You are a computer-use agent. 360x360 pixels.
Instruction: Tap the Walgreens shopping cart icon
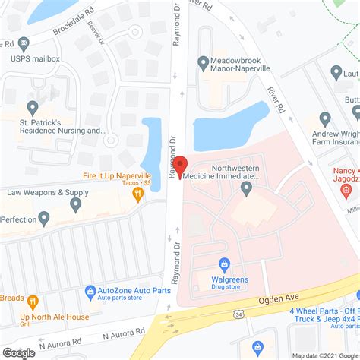224,265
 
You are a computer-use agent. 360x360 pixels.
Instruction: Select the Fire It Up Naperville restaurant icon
137,194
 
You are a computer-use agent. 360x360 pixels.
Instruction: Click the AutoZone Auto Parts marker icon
90,291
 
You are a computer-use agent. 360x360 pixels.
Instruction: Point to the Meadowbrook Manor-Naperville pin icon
203,62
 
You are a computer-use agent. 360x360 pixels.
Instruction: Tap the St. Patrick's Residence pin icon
32,108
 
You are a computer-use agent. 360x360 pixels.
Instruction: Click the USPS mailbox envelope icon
24,43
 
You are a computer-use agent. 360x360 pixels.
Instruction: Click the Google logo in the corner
18,352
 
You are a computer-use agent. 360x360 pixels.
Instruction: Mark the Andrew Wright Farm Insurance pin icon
325,119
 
